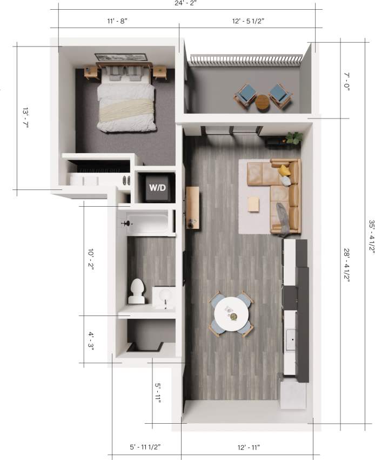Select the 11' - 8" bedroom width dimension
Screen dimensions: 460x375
[x=117, y=21]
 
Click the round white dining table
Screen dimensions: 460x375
[x=232, y=314]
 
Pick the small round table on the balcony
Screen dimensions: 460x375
[x=263, y=101]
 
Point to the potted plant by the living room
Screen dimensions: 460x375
[x=294, y=138]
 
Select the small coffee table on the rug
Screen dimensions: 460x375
[x=253, y=205]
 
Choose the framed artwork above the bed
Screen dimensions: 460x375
[x=121, y=57]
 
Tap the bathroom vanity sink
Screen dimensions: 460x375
[x=165, y=297]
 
